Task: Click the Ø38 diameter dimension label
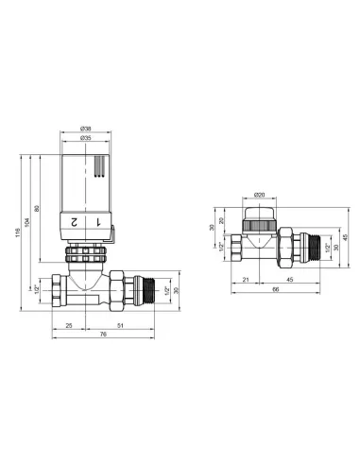point(85,129)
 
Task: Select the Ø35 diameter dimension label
point(85,138)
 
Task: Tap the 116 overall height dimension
point(18,232)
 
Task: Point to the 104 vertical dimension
point(27,223)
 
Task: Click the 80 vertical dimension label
point(37,208)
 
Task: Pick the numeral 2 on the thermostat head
point(74,222)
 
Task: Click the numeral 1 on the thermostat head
point(98,222)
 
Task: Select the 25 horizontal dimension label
point(69,326)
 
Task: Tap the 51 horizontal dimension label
point(120,326)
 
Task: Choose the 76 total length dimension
point(103,335)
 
